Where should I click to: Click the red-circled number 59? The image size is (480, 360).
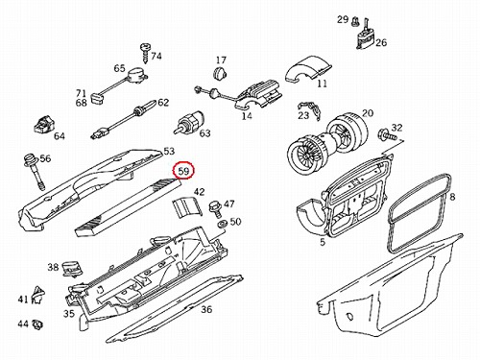tap(183, 171)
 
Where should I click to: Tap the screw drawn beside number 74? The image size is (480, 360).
tap(145, 54)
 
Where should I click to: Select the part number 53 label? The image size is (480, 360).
tap(169, 151)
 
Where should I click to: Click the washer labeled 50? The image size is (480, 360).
tap(222, 225)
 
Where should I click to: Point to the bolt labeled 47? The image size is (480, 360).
tap(213, 208)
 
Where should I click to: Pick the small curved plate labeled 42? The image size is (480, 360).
tap(187, 207)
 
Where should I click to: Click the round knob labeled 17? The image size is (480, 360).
tap(219, 73)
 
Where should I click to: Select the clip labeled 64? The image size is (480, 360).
tap(43, 124)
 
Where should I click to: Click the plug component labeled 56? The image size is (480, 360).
tap(34, 172)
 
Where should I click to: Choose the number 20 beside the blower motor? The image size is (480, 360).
tap(368, 113)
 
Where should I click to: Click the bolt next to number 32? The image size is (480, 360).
tap(387, 134)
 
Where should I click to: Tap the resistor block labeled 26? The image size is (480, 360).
tap(365, 36)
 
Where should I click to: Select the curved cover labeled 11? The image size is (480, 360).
tap(308, 71)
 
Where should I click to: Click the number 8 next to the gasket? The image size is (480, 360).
tap(452, 197)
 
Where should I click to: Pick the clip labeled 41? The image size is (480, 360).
tap(38, 295)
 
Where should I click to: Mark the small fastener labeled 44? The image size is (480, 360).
tap(38, 324)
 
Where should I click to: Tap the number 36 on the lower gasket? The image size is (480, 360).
tap(206, 309)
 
